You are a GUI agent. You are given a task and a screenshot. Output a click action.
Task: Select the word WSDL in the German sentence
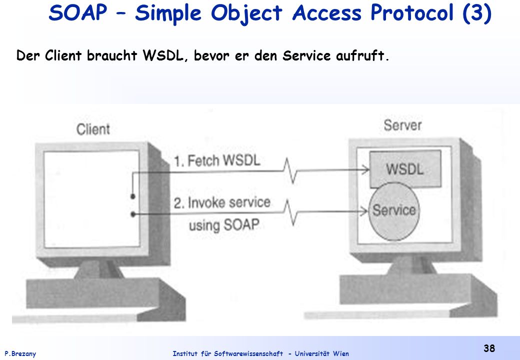click(x=163, y=55)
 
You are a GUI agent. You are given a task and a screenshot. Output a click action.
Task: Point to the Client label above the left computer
click(x=93, y=129)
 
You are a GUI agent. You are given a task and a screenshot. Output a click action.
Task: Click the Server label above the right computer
click(x=402, y=125)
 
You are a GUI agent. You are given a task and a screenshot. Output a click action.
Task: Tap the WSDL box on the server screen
click(x=405, y=168)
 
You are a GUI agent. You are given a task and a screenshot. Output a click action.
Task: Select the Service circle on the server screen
click(x=394, y=211)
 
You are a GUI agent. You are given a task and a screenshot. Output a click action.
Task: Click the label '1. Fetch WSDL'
click(x=217, y=161)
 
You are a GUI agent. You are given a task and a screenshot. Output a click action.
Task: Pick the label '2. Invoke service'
click(x=222, y=202)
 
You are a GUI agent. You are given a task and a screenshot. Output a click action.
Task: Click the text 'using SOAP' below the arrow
click(x=224, y=225)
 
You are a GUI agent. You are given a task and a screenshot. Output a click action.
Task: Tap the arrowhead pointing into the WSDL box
click(x=365, y=170)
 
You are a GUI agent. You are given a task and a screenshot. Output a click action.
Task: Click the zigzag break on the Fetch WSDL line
click(x=290, y=170)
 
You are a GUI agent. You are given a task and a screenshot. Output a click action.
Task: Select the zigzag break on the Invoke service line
click(x=290, y=212)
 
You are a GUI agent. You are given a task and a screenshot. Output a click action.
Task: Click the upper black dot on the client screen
click(x=132, y=196)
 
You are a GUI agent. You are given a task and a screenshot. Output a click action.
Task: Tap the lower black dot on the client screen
click(x=132, y=214)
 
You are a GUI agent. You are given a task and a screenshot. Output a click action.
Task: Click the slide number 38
click(x=489, y=348)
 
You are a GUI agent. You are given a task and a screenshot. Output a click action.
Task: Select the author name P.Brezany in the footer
click(x=20, y=354)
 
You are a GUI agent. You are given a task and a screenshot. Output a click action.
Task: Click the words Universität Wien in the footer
click(x=321, y=353)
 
